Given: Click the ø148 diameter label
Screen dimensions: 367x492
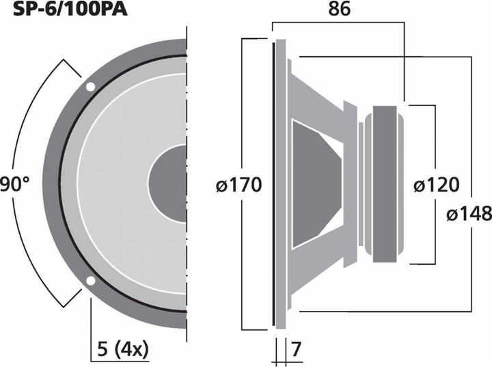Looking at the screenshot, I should [x=469, y=213].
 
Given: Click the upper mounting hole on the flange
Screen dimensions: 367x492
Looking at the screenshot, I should [x=90, y=87].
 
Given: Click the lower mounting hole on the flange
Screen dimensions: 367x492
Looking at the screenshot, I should [x=90, y=280].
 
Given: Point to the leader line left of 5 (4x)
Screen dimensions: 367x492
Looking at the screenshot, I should [x=90, y=328].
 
